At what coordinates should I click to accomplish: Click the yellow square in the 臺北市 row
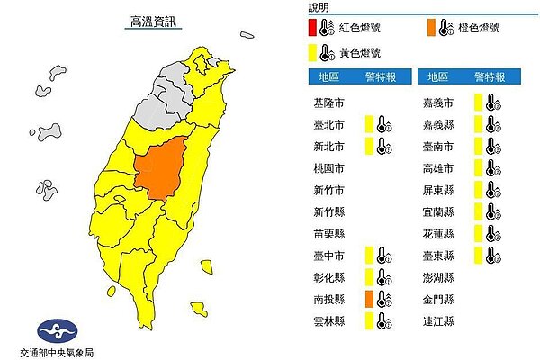pos(369,124)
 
